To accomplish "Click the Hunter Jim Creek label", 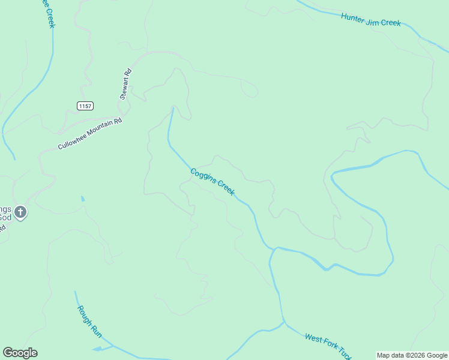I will pos(370,20).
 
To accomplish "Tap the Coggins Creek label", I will pos(212,182).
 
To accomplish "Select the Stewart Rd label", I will pos(125,84).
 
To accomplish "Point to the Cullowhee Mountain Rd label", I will pos(90,134).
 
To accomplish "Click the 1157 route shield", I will pos(85,106).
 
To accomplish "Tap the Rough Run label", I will pos(88,320).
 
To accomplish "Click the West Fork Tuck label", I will pos(327,346).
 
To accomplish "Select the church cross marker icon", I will pos(20,212).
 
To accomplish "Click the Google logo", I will pos(20,353).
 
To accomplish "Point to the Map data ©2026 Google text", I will pos(412,355).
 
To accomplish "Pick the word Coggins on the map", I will pos(202,176).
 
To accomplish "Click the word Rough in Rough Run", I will pos(83,313).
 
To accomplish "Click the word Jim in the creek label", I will pos(373,20).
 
